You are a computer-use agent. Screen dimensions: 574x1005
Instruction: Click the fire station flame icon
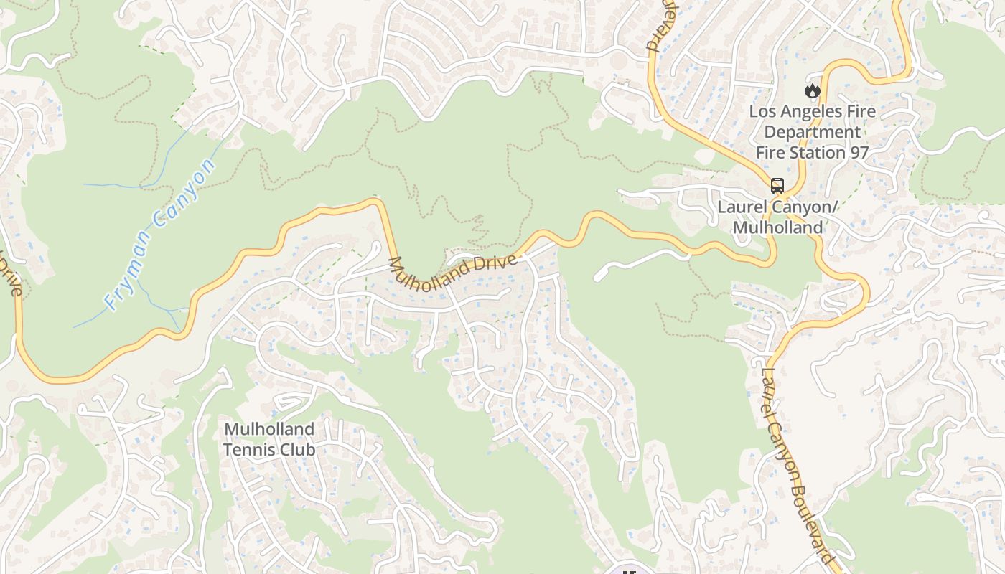[x=812, y=90]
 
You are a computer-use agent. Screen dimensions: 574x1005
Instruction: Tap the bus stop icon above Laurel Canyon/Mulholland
[x=777, y=186]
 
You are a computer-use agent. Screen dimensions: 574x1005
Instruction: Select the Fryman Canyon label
[x=159, y=234]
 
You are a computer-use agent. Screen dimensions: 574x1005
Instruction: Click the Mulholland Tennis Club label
[x=268, y=439]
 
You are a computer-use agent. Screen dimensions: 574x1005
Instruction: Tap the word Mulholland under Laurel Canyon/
[x=777, y=227]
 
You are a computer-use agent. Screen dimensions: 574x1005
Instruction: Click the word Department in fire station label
[x=812, y=132]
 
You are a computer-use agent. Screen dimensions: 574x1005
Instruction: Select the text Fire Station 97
[x=812, y=152]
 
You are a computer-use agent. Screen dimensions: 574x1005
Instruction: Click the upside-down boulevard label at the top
[x=654, y=29]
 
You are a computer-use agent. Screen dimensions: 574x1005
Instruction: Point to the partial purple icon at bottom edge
[x=630, y=570]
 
